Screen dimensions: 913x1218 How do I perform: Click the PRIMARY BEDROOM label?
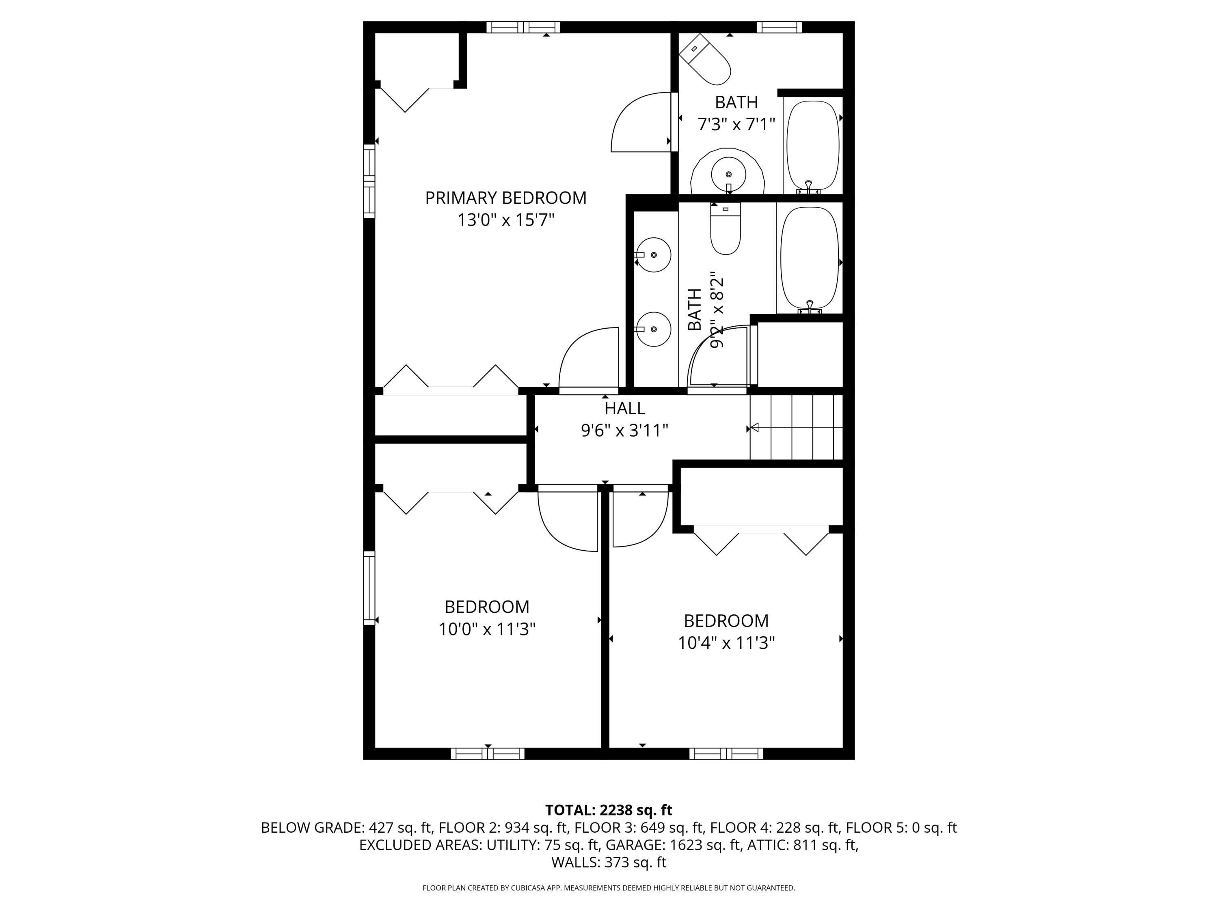click(x=505, y=198)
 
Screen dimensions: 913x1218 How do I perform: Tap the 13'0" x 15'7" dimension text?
click(x=505, y=220)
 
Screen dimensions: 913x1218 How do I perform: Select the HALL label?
click(x=624, y=408)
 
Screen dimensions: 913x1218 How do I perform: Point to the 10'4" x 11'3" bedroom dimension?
click(x=726, y=643)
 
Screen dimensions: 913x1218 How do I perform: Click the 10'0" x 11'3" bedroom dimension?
click(x=487, y=629)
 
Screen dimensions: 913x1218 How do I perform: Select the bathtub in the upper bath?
click(x=812, y=146)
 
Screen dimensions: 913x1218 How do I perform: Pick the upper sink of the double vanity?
click(x=654, y=255)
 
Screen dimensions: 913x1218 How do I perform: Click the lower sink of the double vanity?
click(x=654, y=329)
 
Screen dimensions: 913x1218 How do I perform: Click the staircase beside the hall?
click(x=796, y=427)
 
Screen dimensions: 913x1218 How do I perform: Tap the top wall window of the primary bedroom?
click(x=523, y=27)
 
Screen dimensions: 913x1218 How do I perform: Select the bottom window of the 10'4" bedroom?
click(x=726, y=754)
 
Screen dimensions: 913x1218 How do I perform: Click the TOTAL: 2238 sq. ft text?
click(x=609, y=810)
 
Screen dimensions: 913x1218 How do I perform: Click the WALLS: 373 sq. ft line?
click(x=609, y=862)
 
